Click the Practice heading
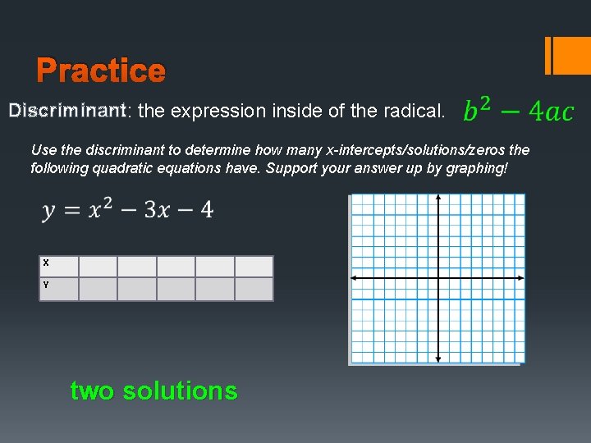101,71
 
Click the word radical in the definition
415,110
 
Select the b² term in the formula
478,109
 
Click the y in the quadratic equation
50,212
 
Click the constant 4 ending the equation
205,210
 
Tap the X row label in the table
46,263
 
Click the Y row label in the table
46,285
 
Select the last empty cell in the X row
254,267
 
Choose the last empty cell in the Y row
254,289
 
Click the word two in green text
92,390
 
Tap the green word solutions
180,390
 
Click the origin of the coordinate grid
438,279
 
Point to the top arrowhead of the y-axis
438,198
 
